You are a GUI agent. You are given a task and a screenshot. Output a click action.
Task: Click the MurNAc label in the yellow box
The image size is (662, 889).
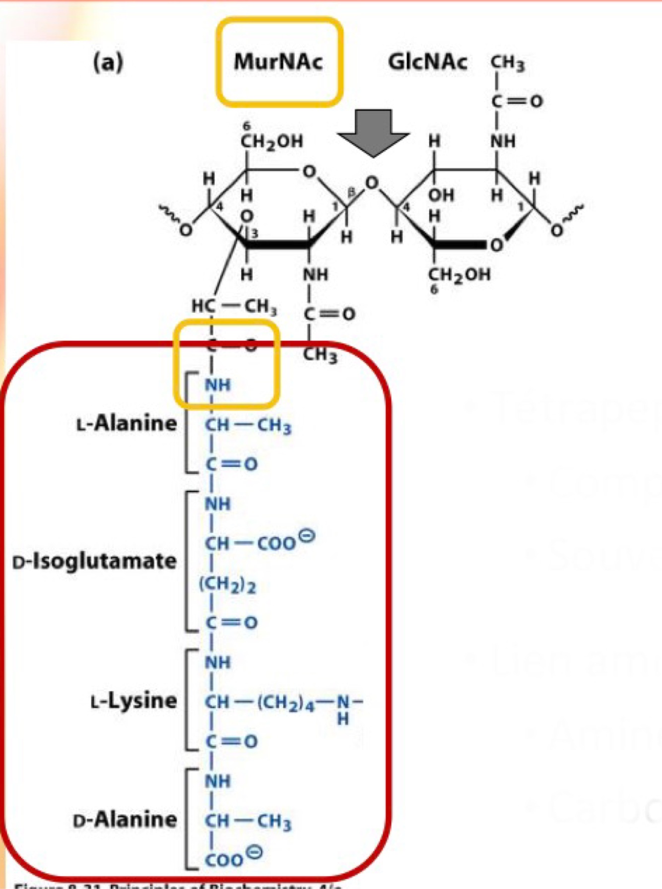(278, 62)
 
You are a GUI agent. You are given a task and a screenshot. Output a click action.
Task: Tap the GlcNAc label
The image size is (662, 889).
(427, 62)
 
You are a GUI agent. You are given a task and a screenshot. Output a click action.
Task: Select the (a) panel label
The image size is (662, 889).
(108, 63)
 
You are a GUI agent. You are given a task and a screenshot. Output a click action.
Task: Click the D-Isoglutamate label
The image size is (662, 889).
(95, 562)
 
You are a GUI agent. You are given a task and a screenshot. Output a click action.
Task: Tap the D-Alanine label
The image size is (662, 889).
(125, 819)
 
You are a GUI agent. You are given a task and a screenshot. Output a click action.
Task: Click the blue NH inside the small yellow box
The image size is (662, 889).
(218, 385)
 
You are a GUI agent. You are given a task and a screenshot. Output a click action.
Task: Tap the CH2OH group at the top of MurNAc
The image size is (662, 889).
(271, 141)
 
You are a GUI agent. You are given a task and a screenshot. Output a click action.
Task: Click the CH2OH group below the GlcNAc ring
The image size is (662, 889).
(459, 274)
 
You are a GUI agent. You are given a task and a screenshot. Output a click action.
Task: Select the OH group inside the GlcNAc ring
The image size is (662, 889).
(441, 195)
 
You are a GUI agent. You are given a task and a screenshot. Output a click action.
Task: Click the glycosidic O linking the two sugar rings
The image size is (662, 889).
(372, 183)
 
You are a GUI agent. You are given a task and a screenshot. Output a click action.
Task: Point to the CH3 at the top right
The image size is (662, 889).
(507, 63)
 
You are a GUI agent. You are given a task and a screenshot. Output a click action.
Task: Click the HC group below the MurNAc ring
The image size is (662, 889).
(203, 306)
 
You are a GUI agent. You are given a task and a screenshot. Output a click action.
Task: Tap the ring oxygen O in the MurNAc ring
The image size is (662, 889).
(309, 172)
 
